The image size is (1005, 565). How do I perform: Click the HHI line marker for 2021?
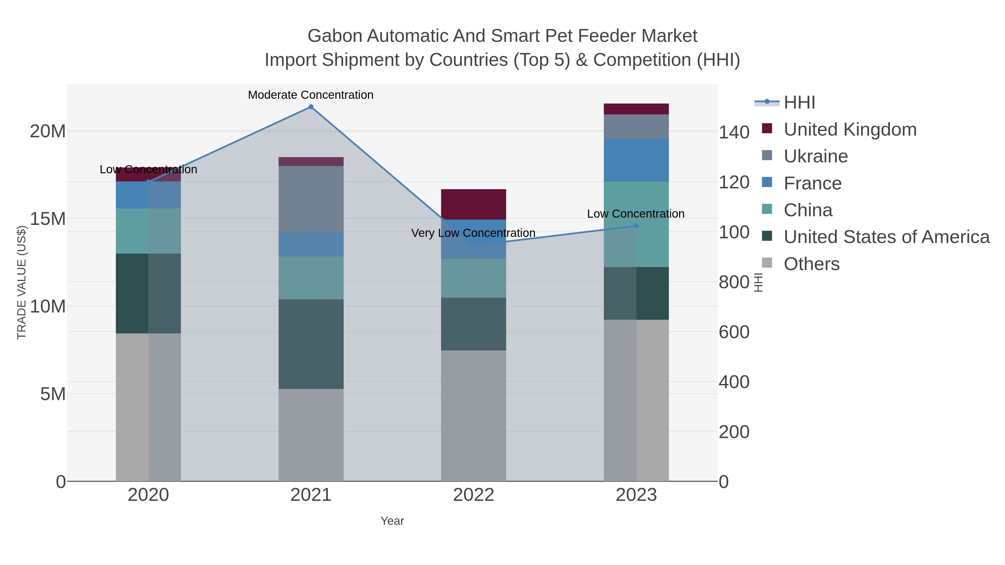[x=311, y=107]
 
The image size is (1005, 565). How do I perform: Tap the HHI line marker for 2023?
[x=636, y=226]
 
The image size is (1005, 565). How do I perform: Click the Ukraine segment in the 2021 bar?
[x=311, y=199]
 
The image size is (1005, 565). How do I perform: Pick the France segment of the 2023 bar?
[x=636, y=160]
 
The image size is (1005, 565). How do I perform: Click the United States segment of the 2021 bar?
[x=311, y=344]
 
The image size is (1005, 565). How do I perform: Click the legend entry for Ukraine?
[x=815, y=156]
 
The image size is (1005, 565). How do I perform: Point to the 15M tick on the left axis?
[x=47, y=219]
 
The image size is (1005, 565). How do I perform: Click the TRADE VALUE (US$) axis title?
[x=21, y=282]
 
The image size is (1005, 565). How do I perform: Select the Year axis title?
[x=392, y=521]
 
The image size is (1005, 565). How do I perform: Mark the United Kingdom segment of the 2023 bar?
[x=636, y=109]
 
